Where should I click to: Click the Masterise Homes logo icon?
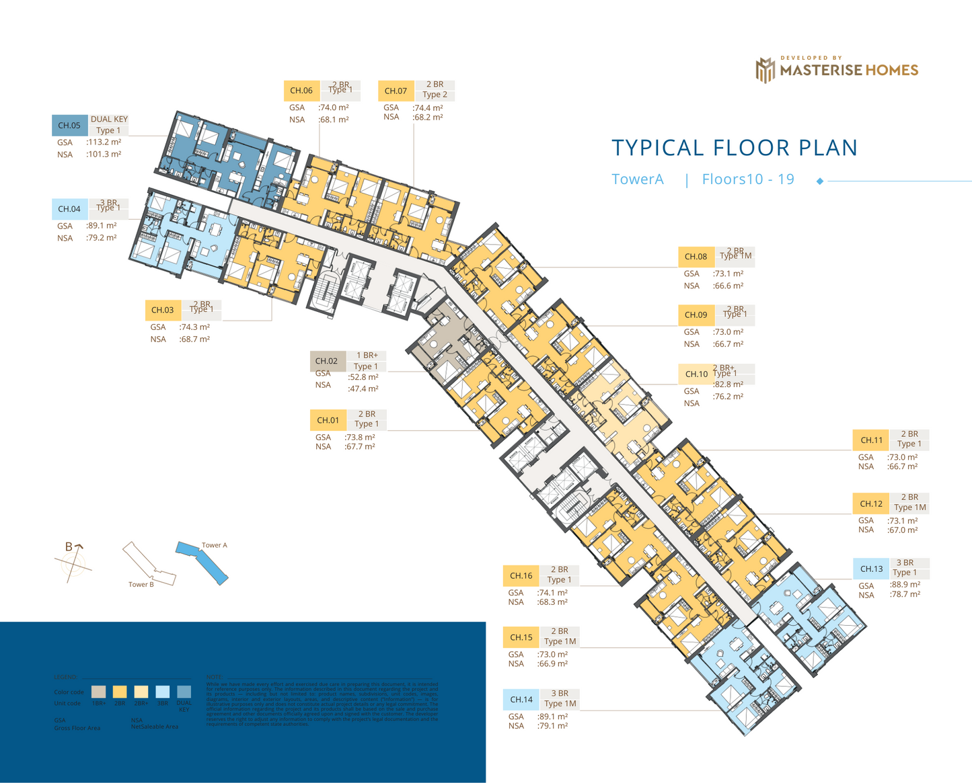pos(765,70)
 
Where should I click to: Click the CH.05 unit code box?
pos(69,126)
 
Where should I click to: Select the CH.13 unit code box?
pos(871,569)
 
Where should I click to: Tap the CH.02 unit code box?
pos(327,361)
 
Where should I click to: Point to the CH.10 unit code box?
pos(696,374)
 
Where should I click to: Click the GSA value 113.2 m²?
pos(104,142)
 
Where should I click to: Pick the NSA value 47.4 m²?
pos(363,389)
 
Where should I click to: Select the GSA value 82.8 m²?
pos(728,385)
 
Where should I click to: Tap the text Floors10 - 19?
pos(748,179)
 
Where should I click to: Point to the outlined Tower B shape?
pos(148,564)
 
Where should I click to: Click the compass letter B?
pos(69,547)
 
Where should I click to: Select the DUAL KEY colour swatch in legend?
pos(184,692)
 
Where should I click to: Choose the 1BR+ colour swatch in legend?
pos(98,692)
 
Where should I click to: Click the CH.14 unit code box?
pos(521,700)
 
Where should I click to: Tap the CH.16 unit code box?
pos(521,576)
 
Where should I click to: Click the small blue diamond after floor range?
pos(820,181)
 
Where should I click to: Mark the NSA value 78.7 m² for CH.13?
pos(905,595)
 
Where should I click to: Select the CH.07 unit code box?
pos(396,91)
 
